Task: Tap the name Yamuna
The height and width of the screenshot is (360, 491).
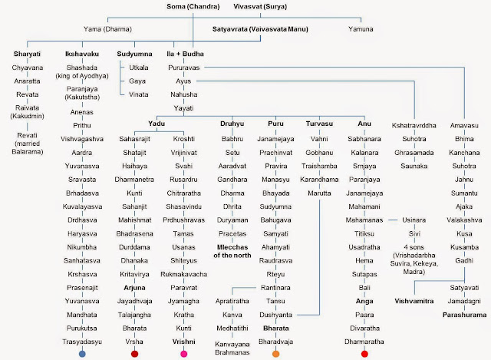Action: click(361, 29)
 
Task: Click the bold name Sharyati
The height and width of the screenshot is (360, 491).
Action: click(28, 56)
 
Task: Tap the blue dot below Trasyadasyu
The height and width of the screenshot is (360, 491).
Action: click(81, 354)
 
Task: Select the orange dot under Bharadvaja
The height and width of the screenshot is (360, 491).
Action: click(275, 354)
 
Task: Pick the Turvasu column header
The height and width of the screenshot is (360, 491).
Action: click(318, 124)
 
